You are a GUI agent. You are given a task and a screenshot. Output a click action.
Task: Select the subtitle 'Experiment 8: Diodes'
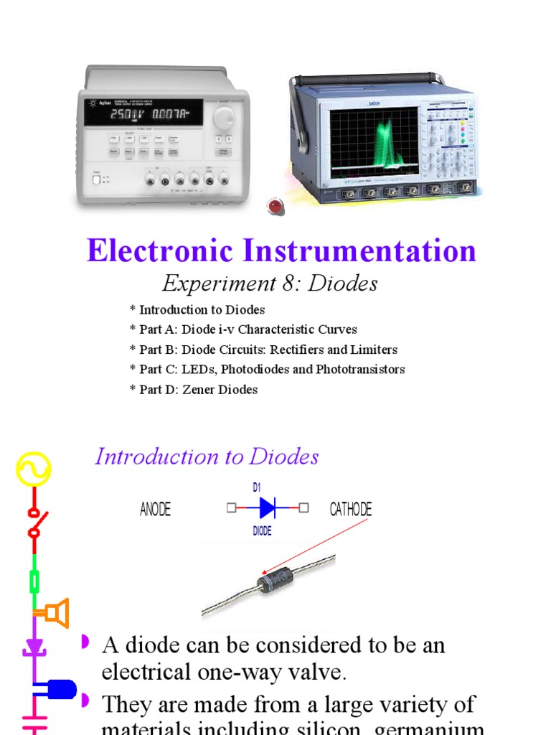(270, 284)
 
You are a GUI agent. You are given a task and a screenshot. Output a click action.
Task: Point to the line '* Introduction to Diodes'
(197, 310)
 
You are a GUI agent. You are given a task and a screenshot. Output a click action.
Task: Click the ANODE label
(156, 510)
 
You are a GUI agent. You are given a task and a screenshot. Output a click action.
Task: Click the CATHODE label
(351, 510)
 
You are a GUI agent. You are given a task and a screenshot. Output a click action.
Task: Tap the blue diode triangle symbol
(267, 508)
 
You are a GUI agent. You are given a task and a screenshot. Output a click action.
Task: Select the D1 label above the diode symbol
(257, 488)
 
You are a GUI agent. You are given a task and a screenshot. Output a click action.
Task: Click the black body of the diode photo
(275, 579)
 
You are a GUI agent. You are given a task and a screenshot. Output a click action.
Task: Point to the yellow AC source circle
(32, 470)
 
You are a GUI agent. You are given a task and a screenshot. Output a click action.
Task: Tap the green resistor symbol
(33, 579)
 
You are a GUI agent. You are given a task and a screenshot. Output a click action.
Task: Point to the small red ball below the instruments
(275, 207)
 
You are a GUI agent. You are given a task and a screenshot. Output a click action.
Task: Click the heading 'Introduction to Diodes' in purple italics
(207, 457)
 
